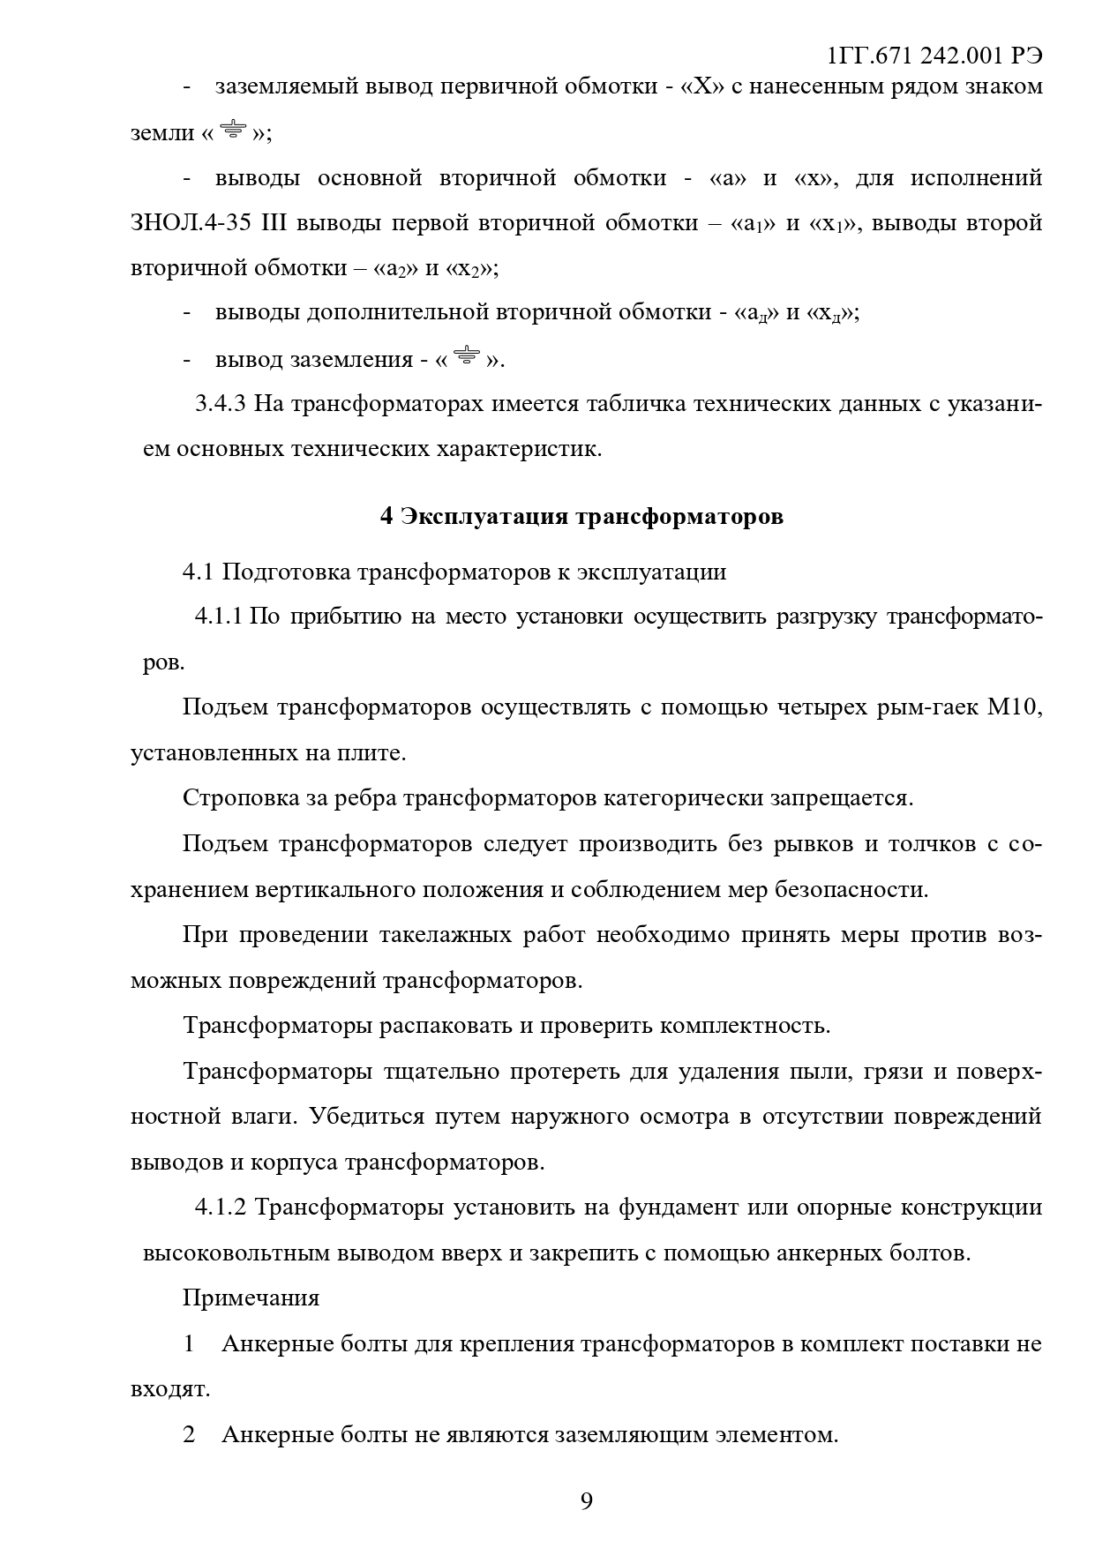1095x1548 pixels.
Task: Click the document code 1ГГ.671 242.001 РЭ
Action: coord(934,56)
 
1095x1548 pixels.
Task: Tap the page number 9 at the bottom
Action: coord(587,1500)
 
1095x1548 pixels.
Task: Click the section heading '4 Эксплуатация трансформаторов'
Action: coord(581,516)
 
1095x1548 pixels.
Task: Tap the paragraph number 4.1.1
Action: coord(218,617)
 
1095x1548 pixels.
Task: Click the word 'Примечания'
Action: coord(251,1297)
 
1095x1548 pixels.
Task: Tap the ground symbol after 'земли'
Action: coord(234,131)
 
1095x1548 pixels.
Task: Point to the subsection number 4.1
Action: coord(198,572)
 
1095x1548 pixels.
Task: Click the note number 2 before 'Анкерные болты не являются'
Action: coord(189,1434)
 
